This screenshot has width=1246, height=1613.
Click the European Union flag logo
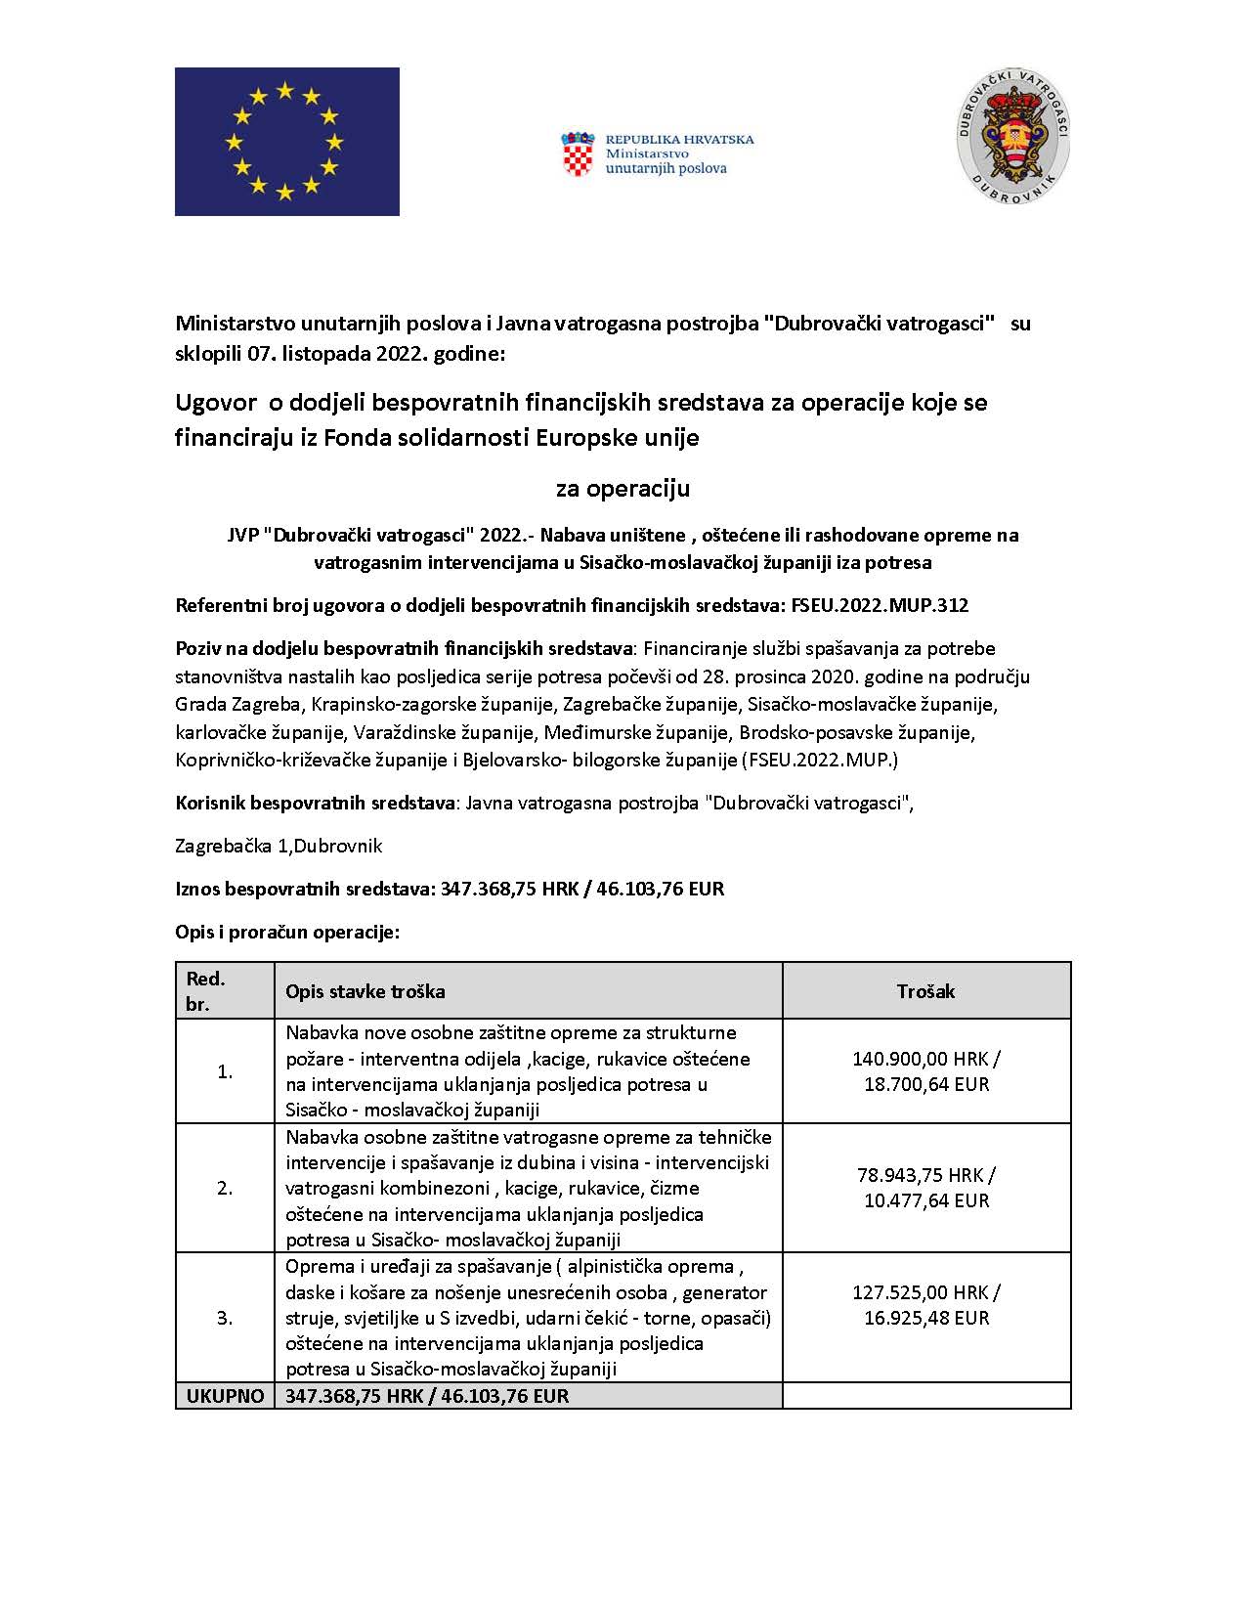(x=286, y=141)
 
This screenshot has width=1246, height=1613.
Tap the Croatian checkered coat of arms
(x=578, y=154)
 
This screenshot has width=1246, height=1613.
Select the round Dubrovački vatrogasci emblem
(x=1012, y=137)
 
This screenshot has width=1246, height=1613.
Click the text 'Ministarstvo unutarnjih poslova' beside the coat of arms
(x=666, y=160)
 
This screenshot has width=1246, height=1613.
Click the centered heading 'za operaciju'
(x=623, y=488)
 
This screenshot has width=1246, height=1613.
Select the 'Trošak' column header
(x=925, y=991)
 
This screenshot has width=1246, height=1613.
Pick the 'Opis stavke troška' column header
(x=365, y=991)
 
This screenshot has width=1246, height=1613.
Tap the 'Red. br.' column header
(x=206, y=991)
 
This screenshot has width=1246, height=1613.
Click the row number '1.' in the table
(x=225, y=1071)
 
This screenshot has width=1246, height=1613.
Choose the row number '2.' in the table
(x=225, y=1188)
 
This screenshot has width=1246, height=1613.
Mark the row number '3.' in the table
(x=225, y=1318)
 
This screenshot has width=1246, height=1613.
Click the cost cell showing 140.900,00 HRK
(x=925, y=1071)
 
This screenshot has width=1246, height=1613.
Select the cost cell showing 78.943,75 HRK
(x=925, y=1188)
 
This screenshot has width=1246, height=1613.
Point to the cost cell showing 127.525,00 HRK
(x=925, y=1305)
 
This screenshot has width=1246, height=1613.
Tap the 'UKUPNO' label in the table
(x=225, y=1396)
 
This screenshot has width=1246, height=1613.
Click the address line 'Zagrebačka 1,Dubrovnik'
(x=279, y=846)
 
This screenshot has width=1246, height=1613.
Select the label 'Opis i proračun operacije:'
(x=287, y=932)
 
